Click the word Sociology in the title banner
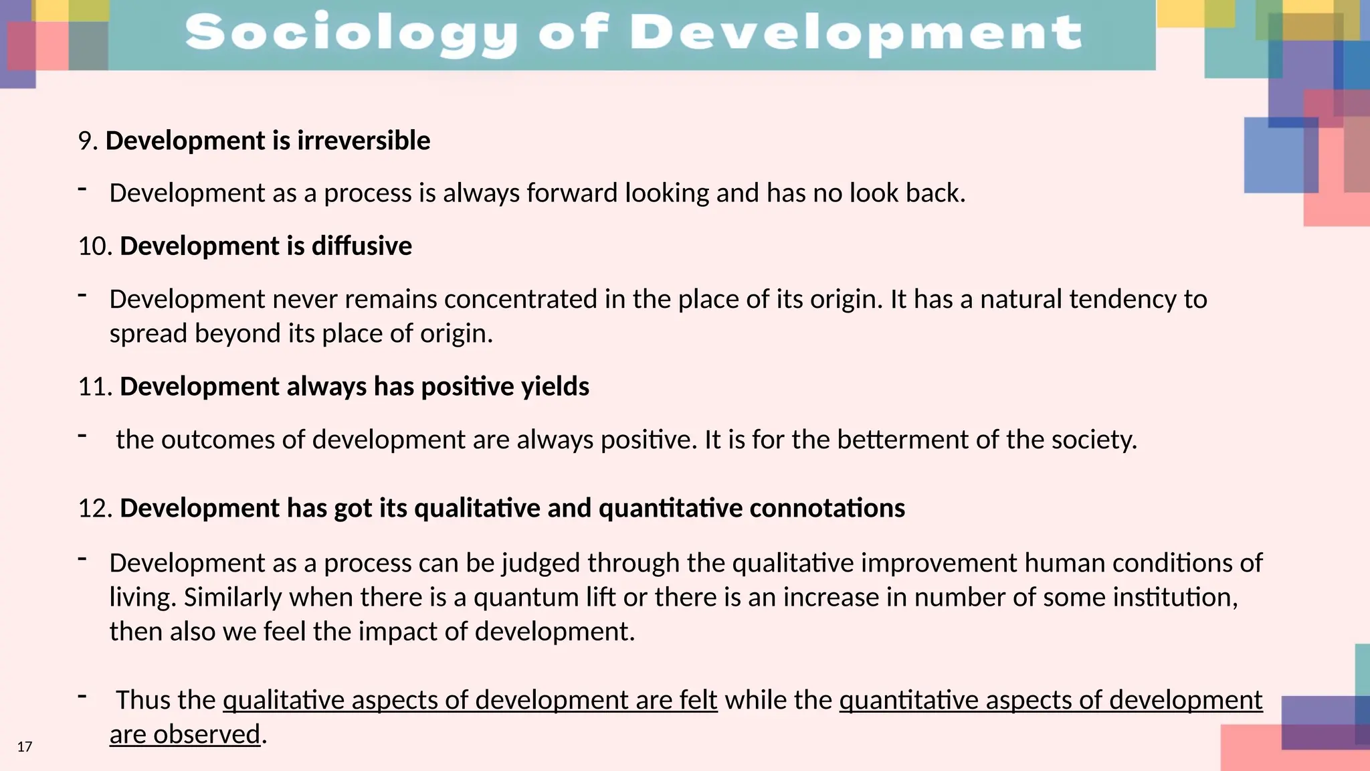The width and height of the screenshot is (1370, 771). click(351, 33)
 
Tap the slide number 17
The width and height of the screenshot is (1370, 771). click(25, 747)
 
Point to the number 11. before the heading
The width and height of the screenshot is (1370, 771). click(94, 387)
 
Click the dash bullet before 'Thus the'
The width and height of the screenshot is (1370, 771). click(83, 696)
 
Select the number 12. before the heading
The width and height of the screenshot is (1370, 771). click(94, 509)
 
